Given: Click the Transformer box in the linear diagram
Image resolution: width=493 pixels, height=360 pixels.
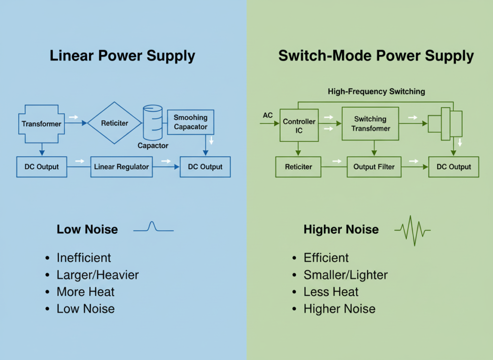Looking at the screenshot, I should (41, 124).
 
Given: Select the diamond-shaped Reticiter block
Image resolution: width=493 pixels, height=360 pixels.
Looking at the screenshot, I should (115, 123).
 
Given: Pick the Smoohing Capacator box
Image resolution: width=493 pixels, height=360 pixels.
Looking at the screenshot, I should (191, 122).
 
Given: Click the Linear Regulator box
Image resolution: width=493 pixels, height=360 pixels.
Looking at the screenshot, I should (121, 167).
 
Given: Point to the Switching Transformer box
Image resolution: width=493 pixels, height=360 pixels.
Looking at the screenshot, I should (370, 123).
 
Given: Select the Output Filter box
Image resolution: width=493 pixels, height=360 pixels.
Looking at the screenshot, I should (374, 167).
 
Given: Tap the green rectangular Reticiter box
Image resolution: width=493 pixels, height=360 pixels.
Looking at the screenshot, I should (298, 167).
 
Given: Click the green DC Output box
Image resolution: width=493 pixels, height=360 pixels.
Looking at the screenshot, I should (454, 167).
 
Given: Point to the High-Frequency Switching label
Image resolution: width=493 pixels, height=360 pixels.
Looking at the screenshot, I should (376, 91).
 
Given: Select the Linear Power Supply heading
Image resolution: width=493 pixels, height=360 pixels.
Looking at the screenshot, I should (122, 56).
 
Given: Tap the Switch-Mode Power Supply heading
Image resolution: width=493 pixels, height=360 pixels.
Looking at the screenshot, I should (376, 56).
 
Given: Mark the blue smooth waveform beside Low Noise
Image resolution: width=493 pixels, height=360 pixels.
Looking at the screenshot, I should (153, 227).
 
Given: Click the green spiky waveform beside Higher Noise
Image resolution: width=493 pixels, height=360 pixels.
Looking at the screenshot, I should (412, 230).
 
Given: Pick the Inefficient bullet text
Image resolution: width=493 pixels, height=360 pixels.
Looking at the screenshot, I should (84, 258).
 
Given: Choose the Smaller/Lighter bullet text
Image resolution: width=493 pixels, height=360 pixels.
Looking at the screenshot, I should (345, 275).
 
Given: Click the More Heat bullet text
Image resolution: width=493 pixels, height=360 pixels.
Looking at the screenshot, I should (85, 292).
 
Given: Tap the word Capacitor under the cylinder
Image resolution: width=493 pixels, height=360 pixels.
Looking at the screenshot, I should (153, 145).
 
